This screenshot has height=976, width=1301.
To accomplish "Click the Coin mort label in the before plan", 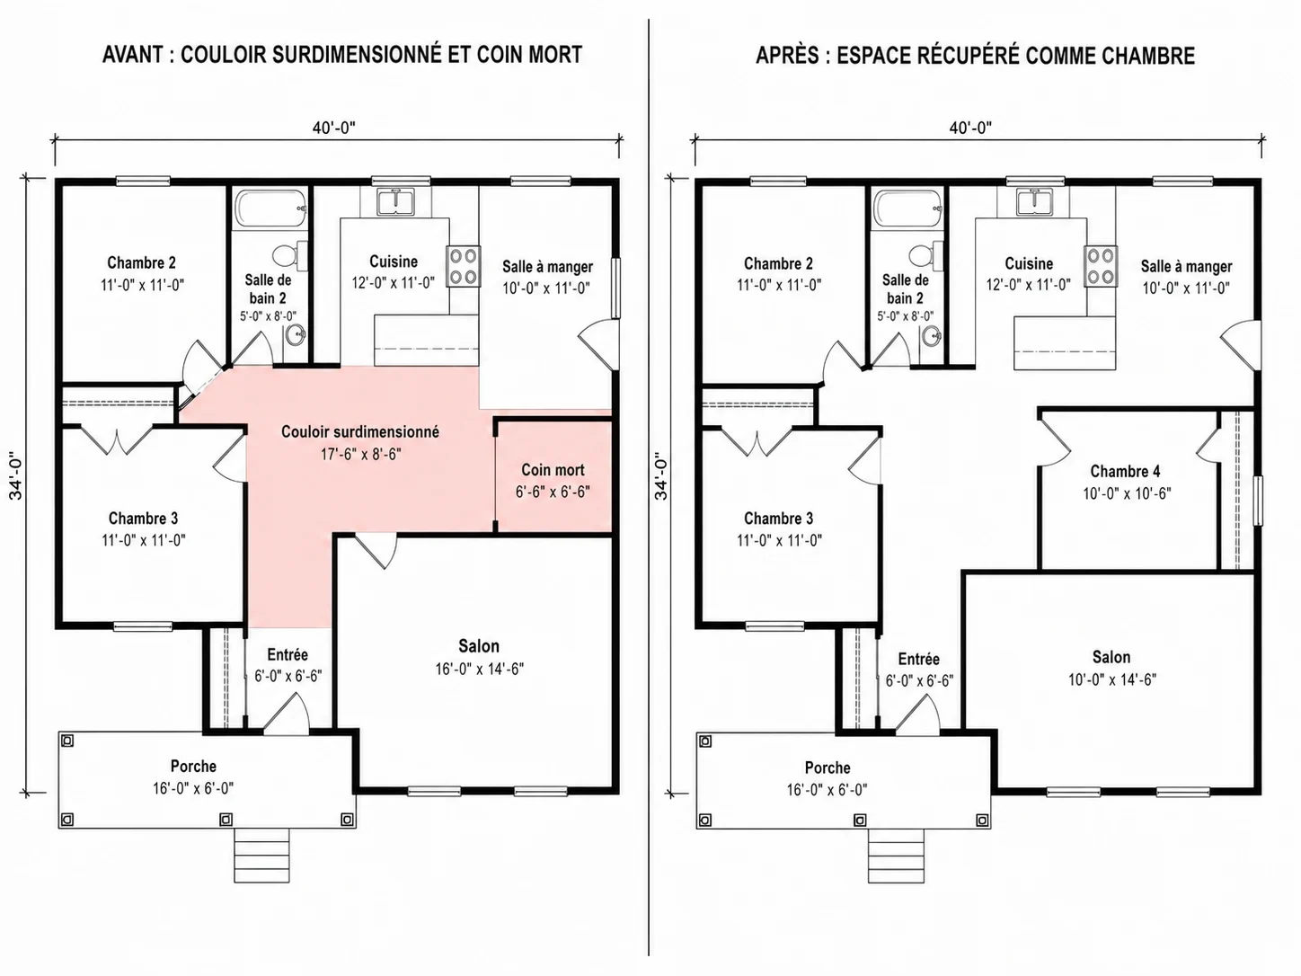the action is [x=553, y=470].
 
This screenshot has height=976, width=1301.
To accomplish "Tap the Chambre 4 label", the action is [x=1125, y=471].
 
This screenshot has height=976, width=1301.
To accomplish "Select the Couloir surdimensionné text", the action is [x=360, y=431].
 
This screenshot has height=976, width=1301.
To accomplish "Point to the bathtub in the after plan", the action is [x=908, y=209].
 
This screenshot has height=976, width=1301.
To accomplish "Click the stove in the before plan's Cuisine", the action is [x=464, y=267].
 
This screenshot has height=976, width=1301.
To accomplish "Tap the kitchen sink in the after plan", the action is [x=1033, y=201].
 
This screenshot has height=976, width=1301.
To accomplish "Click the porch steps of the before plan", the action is [x=261, y=856].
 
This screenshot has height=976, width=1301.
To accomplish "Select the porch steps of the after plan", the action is [x=896, y=856].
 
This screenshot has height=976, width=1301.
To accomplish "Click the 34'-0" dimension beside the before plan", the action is [x=16, y=475].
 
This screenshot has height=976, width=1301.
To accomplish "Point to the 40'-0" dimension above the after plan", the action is [x=970, y=128].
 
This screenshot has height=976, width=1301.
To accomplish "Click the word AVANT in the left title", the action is [x=133, y=55].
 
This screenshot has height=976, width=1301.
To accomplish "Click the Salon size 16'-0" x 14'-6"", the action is [x=480, y=669].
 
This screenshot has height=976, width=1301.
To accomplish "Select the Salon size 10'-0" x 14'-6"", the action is [x=1112, y=679].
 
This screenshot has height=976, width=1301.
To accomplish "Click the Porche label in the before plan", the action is [x=193, y=767].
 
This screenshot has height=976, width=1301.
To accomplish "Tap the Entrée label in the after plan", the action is [x=919, y=659].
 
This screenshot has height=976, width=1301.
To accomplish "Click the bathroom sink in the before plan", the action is [x=295, y=336].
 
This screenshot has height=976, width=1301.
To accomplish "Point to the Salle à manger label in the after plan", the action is [x=1186, y=267].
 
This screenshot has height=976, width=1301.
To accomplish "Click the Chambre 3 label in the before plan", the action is [x=143, y=519].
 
